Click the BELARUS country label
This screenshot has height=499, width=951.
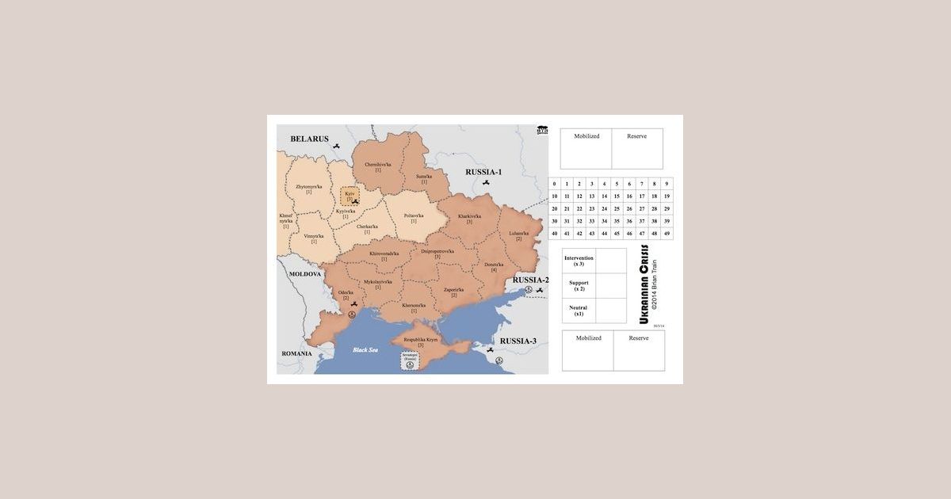point(309,139)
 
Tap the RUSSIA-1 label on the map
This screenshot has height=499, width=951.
point(483,172)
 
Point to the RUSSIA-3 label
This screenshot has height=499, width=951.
point(518,341)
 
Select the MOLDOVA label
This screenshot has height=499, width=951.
point(304,273)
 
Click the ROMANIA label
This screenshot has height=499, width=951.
point(297,353)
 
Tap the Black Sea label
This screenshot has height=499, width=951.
point(366,349)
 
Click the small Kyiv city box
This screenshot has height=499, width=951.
point(349,195)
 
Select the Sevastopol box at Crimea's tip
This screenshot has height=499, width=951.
point(410,361)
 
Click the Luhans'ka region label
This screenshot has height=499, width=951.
point(519,234)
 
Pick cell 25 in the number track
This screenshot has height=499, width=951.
point(617,208)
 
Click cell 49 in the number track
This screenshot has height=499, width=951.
point(666,234)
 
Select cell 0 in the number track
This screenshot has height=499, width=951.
point(555,184)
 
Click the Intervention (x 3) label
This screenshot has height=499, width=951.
point(579,260)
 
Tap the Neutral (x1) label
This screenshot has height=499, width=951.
point(579,310)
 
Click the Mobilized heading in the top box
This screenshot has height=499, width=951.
point(586,136)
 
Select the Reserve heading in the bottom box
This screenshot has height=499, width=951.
point(638,338)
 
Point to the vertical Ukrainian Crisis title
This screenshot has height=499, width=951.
point(644,284)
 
